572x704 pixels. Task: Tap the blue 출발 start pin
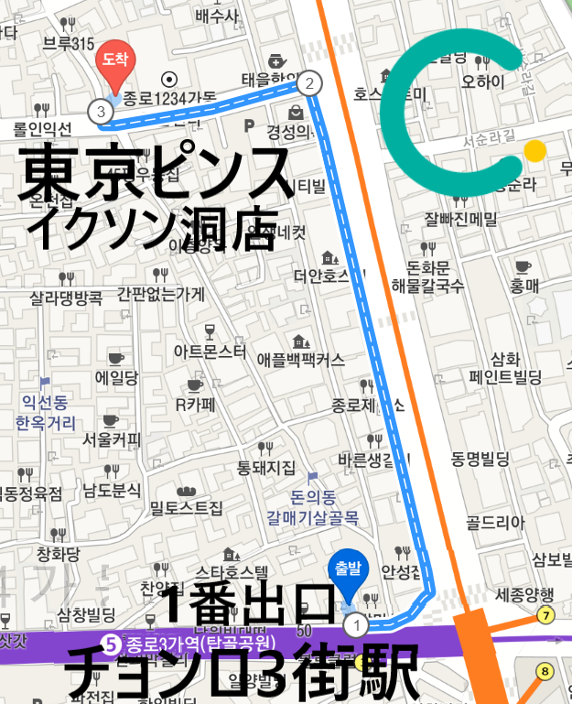347,570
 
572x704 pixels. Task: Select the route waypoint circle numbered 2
309,83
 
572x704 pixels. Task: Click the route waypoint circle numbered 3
100,111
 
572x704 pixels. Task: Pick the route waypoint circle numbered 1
355,625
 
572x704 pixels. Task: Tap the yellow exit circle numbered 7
546,615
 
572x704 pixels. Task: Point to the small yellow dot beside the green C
535,150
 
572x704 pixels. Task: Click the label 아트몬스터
210,351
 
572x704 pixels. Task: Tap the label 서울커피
112,439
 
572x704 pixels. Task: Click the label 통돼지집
266,468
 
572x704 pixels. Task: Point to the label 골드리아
496,523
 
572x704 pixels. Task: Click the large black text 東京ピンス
156,174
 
